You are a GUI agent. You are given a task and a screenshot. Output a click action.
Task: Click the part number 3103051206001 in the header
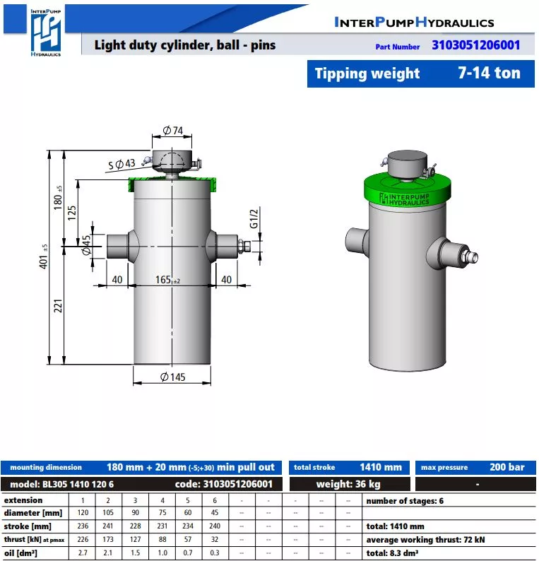click(x=475, y=45)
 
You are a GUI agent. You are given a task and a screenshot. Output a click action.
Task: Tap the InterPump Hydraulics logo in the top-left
click(x=45, y=33)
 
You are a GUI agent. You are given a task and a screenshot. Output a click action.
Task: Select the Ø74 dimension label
click(x=173, y=130)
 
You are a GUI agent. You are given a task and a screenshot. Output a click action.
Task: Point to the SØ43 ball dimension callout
click(x=122, y=164)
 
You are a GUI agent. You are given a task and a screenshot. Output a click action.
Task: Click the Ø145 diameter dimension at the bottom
click(x=173, y=377)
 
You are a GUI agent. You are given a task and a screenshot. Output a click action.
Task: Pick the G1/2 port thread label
click(x=254, y=218)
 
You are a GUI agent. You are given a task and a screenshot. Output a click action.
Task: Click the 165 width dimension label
click(x=167, y=279)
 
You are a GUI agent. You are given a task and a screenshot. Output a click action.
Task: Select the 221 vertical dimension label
click(x=58, y=306)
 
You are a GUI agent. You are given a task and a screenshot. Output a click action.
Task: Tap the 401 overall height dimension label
click(x=43, y=256)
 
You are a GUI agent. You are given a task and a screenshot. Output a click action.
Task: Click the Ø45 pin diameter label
click(x=86, y=244)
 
